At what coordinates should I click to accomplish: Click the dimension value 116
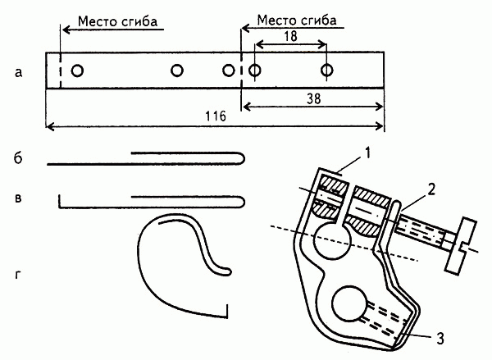(x=216, y=118)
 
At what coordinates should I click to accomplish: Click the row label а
(x=18, y=73)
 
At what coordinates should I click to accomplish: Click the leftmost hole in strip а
(x=76, y=71)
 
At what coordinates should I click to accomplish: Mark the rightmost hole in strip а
(x=327, y=71)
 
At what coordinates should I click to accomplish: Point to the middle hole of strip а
(x=176, y=71)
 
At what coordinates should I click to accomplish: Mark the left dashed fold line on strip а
(x=60, y=71)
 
